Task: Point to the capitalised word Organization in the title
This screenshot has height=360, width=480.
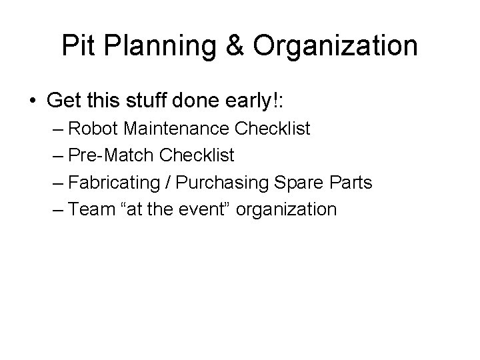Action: (x=335, y=46)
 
